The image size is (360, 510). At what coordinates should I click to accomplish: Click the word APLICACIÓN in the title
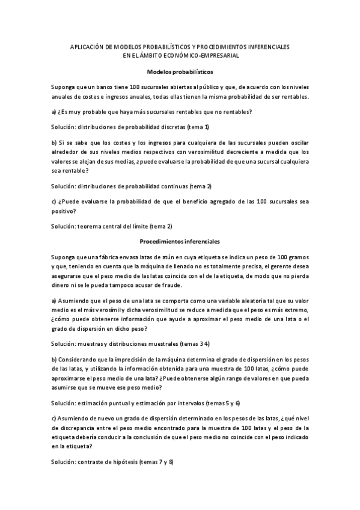click(x=88, y=46)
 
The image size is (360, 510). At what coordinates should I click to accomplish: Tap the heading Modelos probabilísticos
click(x=180, y=71)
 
